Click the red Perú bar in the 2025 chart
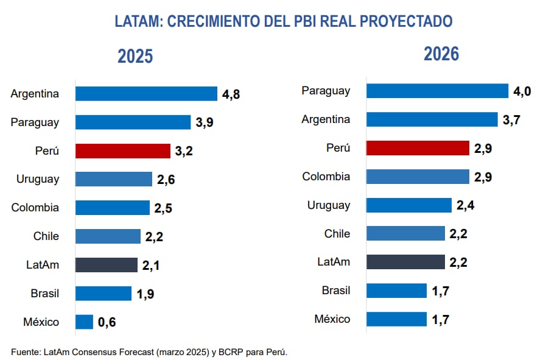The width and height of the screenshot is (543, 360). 122,151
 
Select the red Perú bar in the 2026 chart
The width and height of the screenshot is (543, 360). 418,148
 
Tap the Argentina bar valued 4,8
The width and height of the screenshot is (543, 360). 146,94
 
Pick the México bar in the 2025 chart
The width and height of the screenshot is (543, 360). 84,322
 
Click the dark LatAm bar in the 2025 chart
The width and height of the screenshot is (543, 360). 106,265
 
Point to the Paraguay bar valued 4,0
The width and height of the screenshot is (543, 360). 437,91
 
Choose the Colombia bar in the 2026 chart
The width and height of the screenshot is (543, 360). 418,177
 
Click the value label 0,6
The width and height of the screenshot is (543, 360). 107,322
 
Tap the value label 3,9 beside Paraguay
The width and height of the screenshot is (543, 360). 205,122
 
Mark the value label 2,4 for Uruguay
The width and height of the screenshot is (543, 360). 466,205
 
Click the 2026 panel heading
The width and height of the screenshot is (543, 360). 441,54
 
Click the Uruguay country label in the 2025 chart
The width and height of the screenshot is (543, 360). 38,179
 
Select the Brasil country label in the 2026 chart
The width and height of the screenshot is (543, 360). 336,291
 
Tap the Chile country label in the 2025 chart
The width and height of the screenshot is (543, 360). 46,236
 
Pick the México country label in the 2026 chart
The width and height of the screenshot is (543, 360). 332,319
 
